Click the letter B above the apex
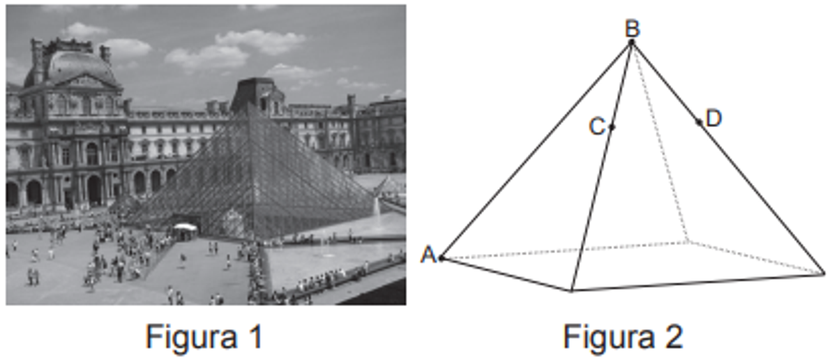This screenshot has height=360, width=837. (633, 29)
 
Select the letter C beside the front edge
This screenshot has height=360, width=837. (597, 126)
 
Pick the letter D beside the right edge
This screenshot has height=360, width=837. (714, 119)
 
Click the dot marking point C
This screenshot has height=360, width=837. (612, 128)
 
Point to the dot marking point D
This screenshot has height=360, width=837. (699, 122)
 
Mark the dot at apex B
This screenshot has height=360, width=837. (631, 43)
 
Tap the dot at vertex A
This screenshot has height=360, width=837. (442, 258)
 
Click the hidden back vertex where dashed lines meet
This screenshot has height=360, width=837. (688, 242)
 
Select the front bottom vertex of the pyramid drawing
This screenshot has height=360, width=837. (571, 290)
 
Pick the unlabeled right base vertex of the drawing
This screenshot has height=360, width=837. (824, 274)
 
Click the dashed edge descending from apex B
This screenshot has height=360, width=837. (660, 142)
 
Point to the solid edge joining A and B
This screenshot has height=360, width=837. (536, 150)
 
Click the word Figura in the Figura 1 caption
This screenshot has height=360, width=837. (191, 337)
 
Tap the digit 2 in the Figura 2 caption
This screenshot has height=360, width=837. (673, 336)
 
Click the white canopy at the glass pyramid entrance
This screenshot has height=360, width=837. (185, 227)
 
